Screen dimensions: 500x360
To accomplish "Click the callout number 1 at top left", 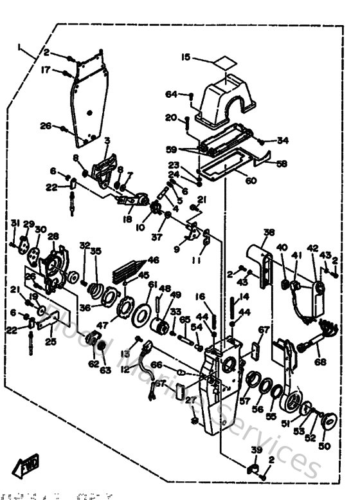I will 21,46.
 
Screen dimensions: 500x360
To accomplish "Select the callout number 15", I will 185,58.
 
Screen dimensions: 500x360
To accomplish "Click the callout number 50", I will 324,446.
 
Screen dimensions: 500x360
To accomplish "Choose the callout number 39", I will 256,449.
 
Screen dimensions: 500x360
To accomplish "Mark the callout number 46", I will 153,260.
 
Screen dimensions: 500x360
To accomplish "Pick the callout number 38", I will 269,233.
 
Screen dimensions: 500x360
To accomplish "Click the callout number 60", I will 250,181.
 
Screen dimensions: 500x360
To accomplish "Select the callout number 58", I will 282,164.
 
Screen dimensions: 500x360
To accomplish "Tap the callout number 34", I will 283,140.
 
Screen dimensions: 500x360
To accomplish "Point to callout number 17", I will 46,69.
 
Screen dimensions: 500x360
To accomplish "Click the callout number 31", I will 12,223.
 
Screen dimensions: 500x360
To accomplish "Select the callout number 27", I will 190,400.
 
